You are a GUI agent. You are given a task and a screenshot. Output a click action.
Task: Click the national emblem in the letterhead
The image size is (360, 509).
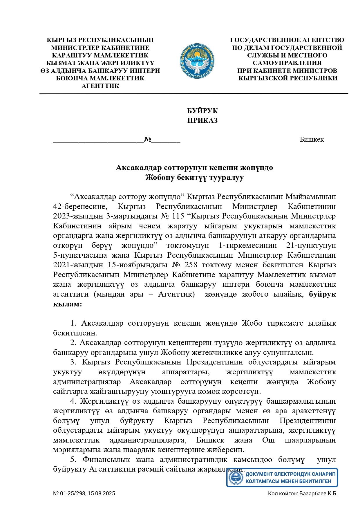[x=197, y=61]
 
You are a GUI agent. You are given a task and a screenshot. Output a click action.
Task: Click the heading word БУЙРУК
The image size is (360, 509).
[x=202, y=111]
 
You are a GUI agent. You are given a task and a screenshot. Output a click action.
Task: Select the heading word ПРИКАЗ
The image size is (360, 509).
[x=202, y=120]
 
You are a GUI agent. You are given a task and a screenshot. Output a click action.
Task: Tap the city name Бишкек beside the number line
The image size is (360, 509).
[x=312, y=139]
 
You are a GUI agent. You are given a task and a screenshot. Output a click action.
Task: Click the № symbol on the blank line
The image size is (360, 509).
[x=148, y=139]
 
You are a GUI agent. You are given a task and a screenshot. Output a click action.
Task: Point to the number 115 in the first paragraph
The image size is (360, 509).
[x=178, y=216]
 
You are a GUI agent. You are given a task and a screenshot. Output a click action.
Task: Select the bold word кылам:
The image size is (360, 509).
[x=67, y=304]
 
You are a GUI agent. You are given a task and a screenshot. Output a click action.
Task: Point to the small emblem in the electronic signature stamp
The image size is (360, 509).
[x=236, y=477]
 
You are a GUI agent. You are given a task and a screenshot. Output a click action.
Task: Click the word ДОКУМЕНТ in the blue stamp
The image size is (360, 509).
[x=259, y=474]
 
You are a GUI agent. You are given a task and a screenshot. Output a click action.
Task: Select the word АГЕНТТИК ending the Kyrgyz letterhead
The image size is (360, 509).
[x=100, y=86]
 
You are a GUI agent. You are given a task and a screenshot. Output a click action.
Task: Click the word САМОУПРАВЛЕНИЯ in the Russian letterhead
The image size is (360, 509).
[x=287, y=63]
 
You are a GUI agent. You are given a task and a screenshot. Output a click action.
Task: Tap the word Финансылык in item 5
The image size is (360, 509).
[x=106, y=459]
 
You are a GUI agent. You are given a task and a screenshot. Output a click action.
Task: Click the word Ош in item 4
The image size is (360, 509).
[x=268, y=440]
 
